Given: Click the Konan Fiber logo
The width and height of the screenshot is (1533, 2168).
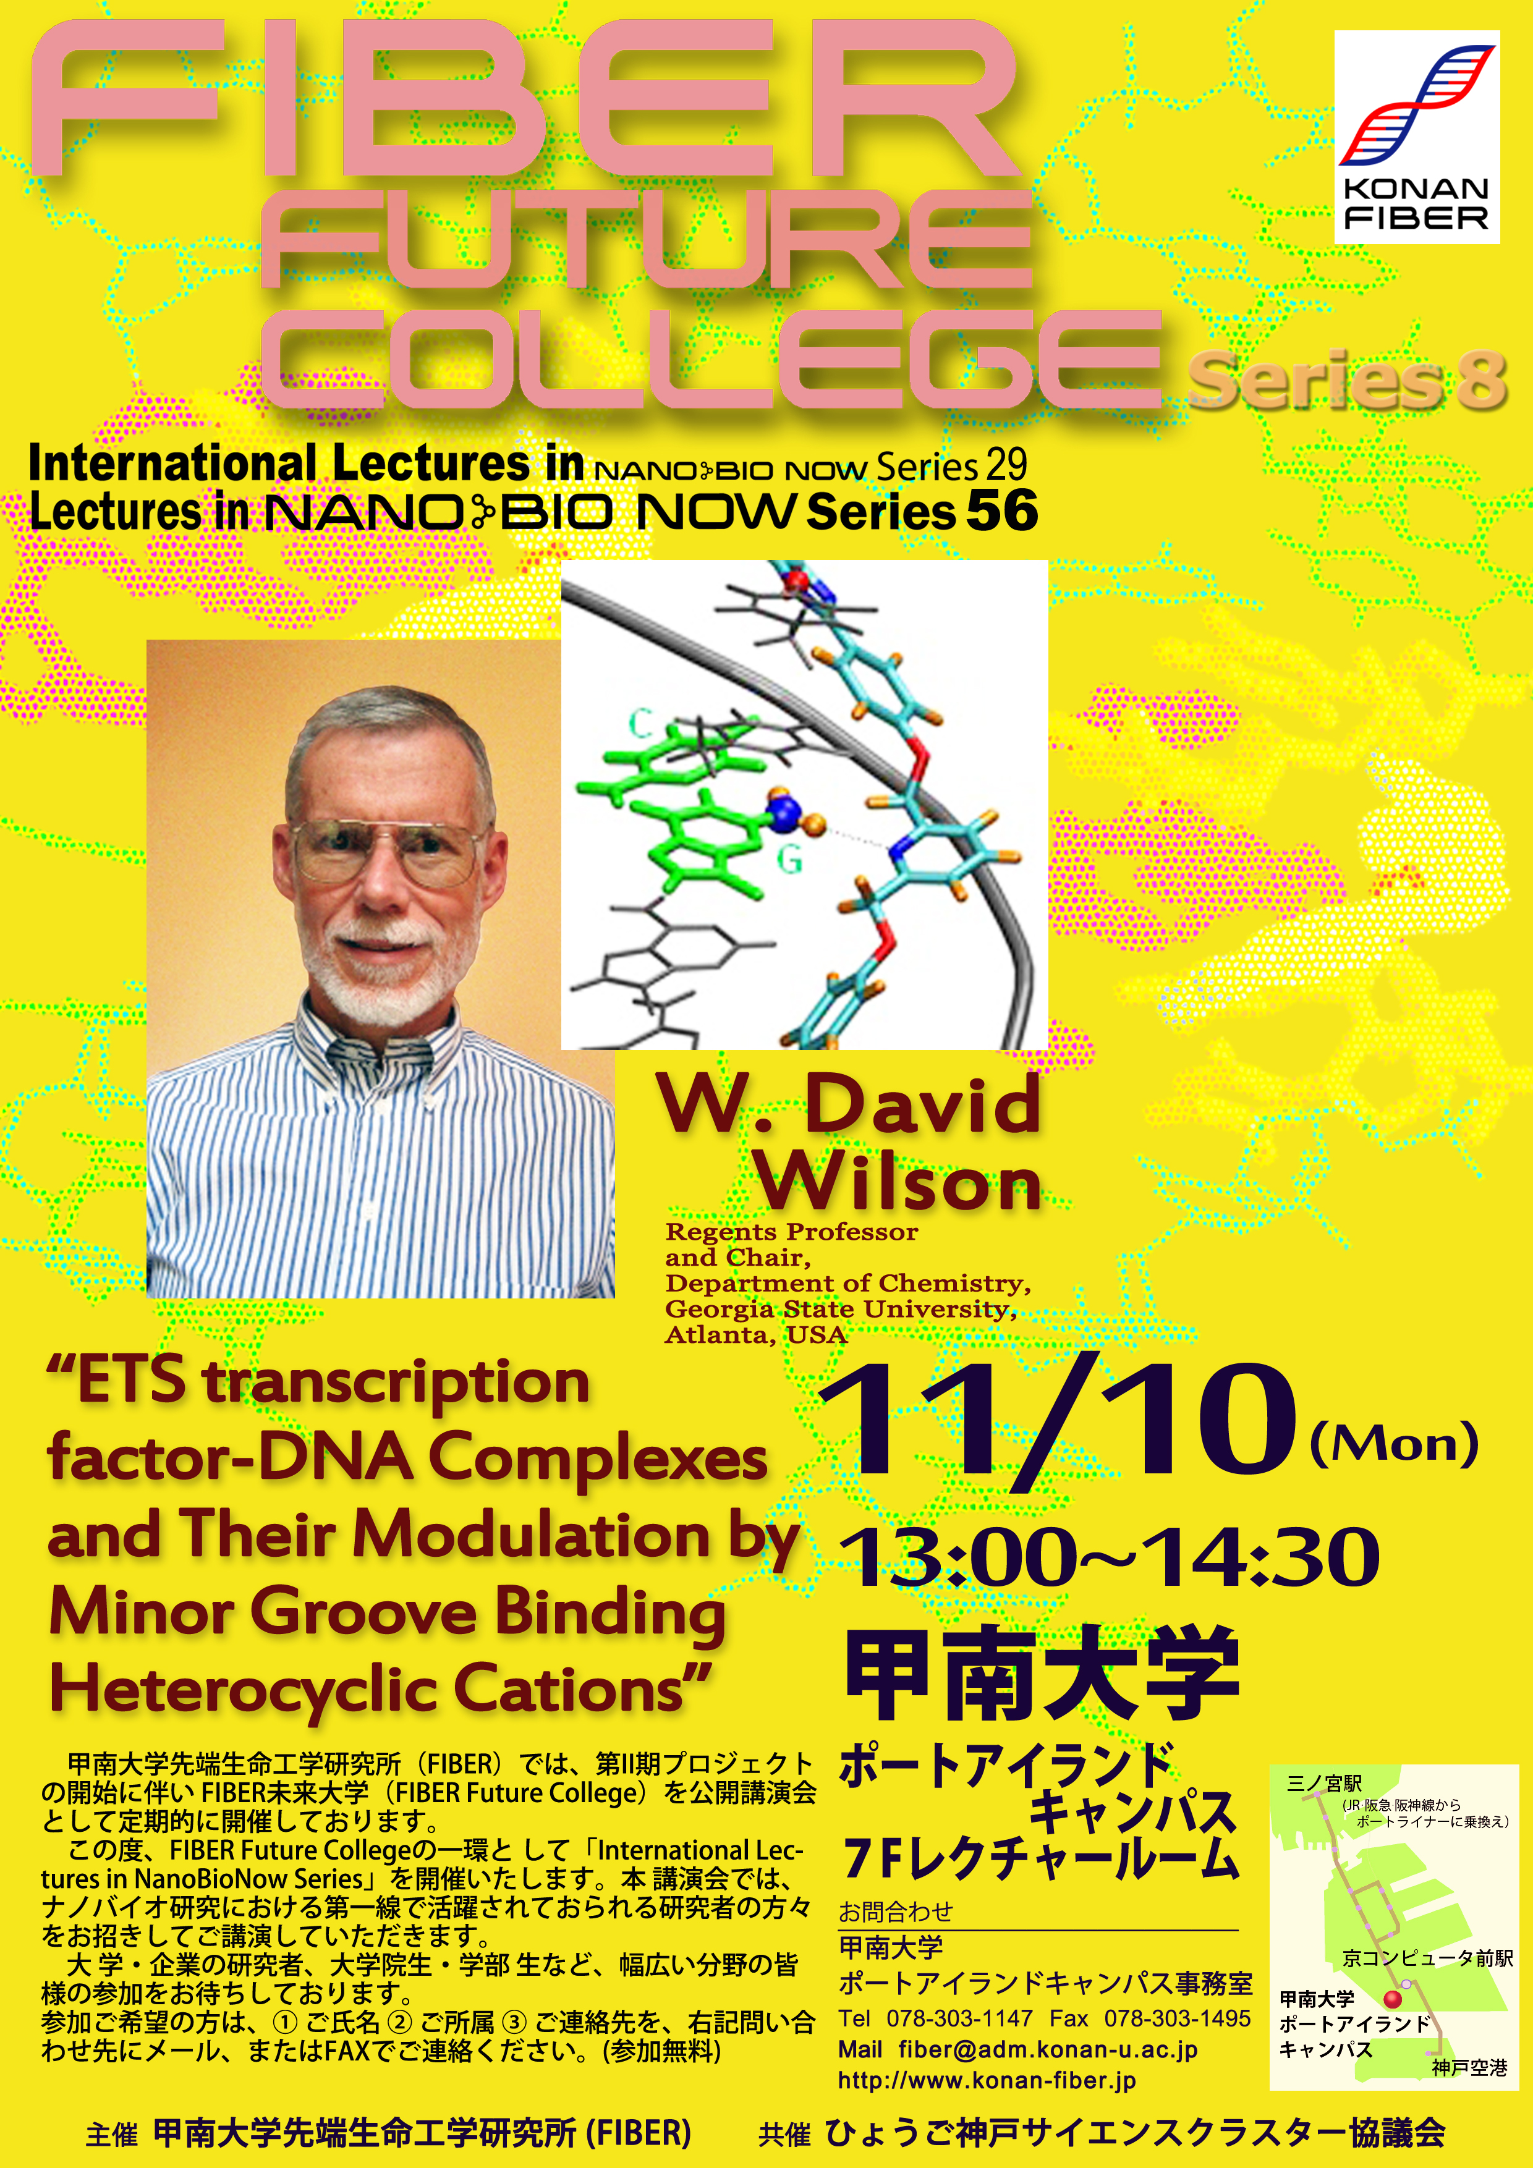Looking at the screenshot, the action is coord(1417,137).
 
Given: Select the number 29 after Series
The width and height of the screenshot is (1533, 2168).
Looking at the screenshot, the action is coord(1006,465).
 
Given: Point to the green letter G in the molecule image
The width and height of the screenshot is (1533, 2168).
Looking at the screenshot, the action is coord(789,859).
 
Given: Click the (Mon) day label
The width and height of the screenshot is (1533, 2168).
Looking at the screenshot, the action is coord(1394,1444).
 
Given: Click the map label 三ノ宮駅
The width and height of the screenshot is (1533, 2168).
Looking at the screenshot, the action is coord(1324,1783).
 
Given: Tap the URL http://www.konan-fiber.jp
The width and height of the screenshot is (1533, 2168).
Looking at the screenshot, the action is coord(987,2080).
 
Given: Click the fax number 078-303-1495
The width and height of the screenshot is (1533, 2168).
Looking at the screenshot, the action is coord(1177,2018).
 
